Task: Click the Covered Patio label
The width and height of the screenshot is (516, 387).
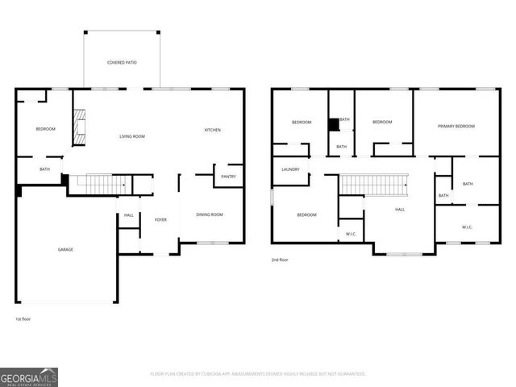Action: tap(121, 62)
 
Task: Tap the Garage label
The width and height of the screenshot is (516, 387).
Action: tap(65, 249)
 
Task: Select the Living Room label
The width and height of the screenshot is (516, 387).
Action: tap(132, 136)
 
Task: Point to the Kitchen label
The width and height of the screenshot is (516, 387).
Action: tap(212, 130)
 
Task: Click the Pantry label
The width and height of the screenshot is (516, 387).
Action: tap(228, 177)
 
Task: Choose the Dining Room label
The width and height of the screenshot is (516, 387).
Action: tap(210, 214)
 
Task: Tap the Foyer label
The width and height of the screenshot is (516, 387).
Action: tap(160, 218)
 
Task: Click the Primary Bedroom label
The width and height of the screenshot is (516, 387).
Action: tap(456, 126)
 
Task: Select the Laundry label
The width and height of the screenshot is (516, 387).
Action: tap(290, 169)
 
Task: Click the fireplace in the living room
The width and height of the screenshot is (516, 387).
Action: tap(79, 127)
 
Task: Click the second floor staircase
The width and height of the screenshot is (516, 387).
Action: tap(373, 185)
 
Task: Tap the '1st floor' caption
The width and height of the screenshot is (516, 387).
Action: tap(23, 319)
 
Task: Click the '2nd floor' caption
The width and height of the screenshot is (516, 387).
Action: tap(280, 260)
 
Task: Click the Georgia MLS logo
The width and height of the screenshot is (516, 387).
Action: tap(29, 377)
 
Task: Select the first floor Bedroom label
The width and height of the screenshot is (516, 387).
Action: tap(45, 129)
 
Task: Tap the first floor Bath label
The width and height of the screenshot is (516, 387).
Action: tap(45, 169)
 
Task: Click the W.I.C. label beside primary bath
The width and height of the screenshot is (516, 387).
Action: tap(468, 227)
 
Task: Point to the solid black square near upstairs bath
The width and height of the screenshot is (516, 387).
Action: tap(333, 125)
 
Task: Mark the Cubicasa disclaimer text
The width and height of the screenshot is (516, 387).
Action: tap(258, 374)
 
